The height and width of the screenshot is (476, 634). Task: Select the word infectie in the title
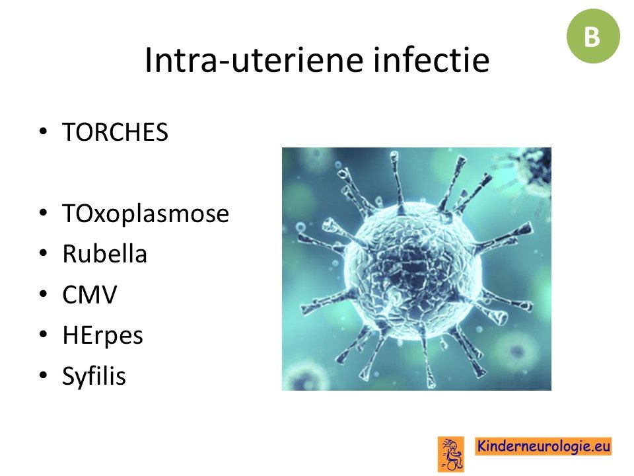click(x=431, y=59)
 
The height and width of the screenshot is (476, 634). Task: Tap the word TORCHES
click(x=115, y=132)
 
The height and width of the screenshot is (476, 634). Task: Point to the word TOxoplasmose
click(x=145, y=214)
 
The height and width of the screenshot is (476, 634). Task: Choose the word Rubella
click(x=104, y=254)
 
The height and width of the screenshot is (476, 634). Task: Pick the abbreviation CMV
click(x=90, y=294)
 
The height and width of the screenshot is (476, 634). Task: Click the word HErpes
click(x=103, y=336)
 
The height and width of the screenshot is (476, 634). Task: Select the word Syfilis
click(x=94, y=376)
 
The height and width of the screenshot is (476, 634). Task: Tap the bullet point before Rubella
click(x=44, y=253)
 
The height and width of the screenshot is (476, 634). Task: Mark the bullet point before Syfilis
click(x=44, y=375)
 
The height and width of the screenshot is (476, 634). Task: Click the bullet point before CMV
click(x=44, y=294)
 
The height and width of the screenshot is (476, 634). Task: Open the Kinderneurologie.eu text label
click(x=544, y=446)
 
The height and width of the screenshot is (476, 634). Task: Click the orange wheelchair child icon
click(x=451, y=454)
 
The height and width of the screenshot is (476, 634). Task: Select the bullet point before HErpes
click(x=44, y=335)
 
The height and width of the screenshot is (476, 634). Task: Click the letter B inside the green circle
click(x=592, y=37)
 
